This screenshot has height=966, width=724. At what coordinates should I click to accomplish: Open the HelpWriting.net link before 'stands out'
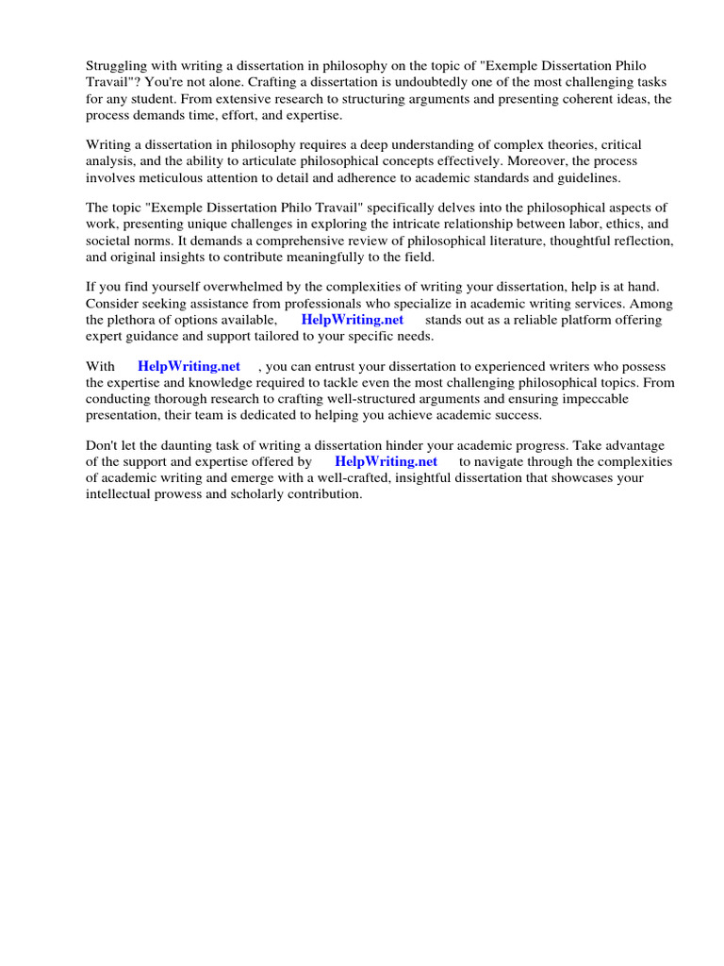pos(353,320)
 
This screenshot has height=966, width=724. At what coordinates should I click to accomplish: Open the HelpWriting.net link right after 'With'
pos(189,366)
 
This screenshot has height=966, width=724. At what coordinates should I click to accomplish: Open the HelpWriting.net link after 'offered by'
pos(386,461)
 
